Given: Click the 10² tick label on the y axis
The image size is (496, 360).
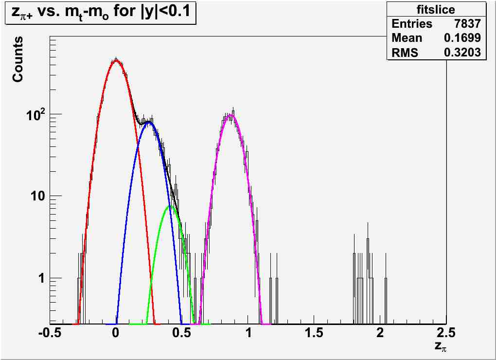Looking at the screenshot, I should pyautogui.click(x=35, y=113).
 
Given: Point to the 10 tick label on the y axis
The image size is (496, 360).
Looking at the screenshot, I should pyautogui.click(x=36, y=196).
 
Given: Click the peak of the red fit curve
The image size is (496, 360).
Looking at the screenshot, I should pyautogui.click(x=115, y=61).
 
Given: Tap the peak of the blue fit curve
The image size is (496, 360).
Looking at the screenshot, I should pyautogui.click(x=149, y=122).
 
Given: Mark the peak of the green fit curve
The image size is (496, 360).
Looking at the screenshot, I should pyautogui.click(x=170, y=206).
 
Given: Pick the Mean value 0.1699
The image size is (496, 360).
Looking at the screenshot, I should pyautogui.click(x=462, y=38).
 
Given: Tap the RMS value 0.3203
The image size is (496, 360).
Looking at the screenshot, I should pyautogui.click(x=462, y=53).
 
